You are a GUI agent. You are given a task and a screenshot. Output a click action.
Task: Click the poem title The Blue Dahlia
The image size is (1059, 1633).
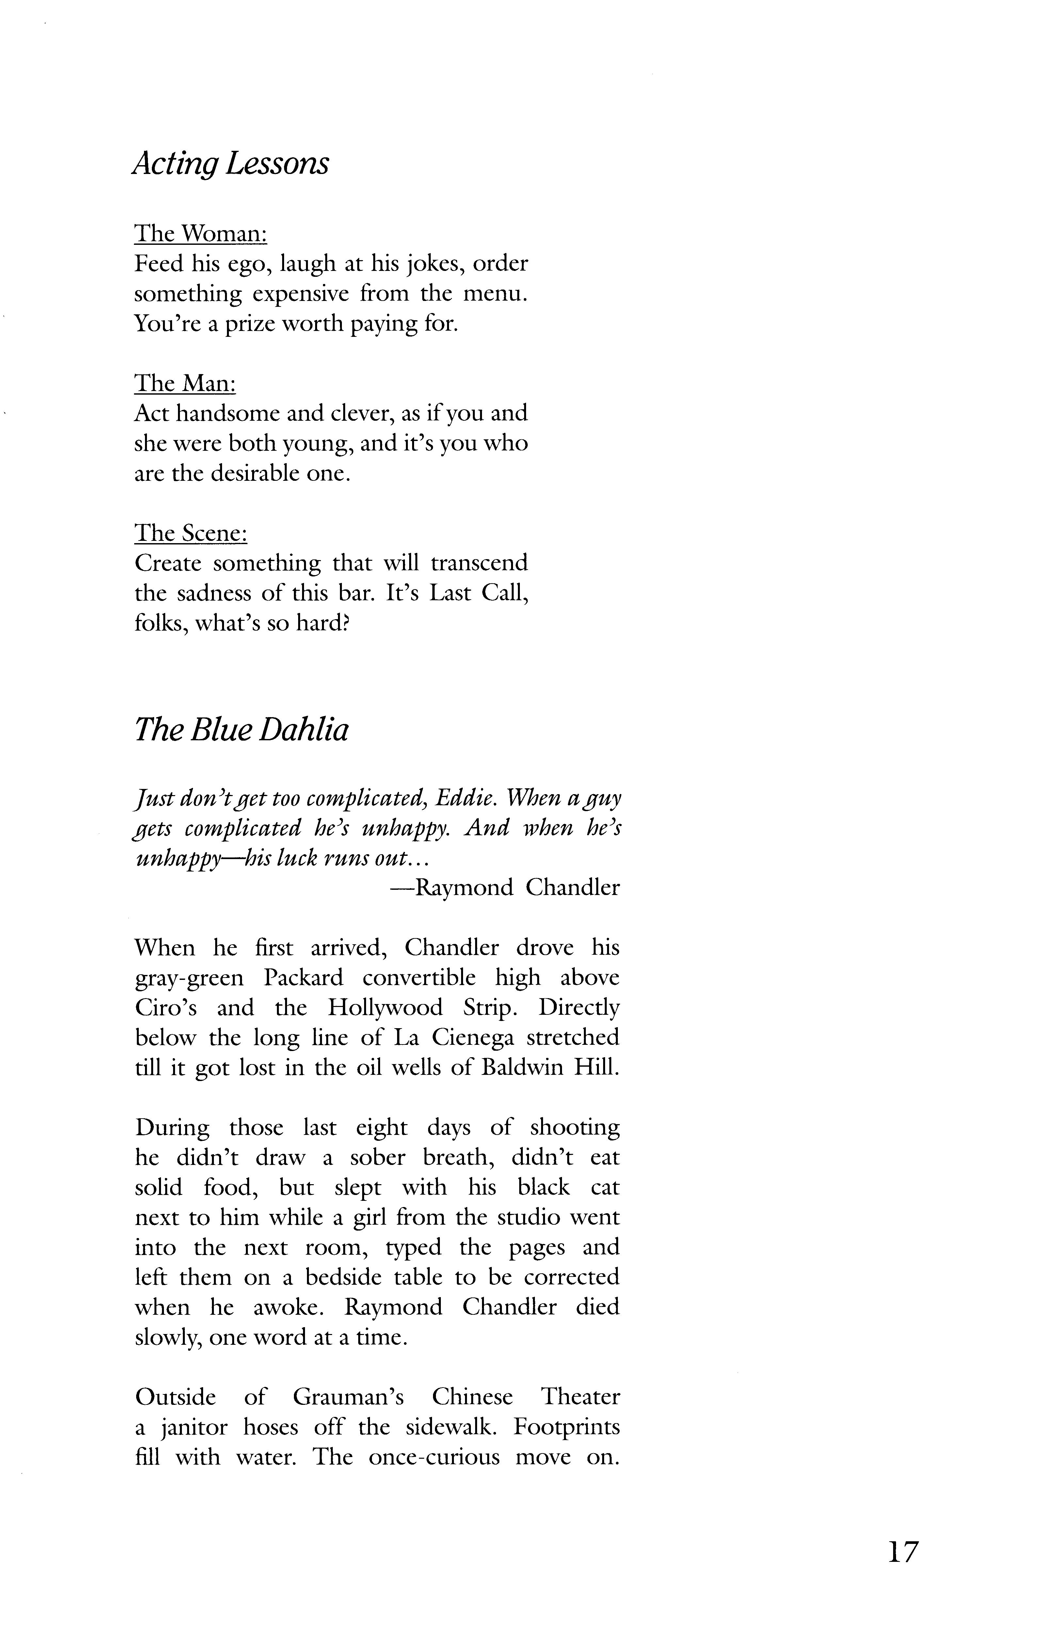coord(241,730)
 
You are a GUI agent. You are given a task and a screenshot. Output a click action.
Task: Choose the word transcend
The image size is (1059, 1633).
coord(479,563)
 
